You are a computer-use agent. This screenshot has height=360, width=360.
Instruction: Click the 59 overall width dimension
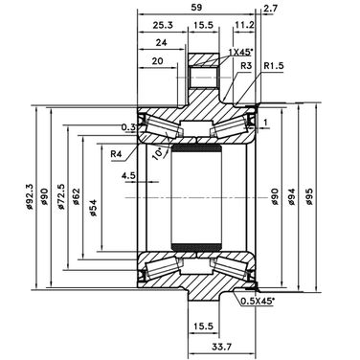tap(196, 8)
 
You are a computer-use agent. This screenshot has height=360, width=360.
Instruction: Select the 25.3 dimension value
tap(163, 25)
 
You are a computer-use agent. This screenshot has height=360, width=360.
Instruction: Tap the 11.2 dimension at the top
tap(244, 25)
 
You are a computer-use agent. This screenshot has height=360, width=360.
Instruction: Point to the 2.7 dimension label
tap(270, 9)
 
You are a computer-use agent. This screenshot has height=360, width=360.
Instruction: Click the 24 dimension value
tap(162, 42)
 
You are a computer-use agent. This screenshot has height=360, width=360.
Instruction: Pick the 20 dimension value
tap(157, 60)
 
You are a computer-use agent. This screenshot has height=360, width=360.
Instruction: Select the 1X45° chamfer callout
tap(241, 52)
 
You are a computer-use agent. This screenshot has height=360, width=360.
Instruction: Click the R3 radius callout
tap(246, 66)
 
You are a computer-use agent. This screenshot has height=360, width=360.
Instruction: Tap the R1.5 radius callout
tap(274, 66)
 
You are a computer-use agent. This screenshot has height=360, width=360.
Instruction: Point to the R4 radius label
tap(117, 154)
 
